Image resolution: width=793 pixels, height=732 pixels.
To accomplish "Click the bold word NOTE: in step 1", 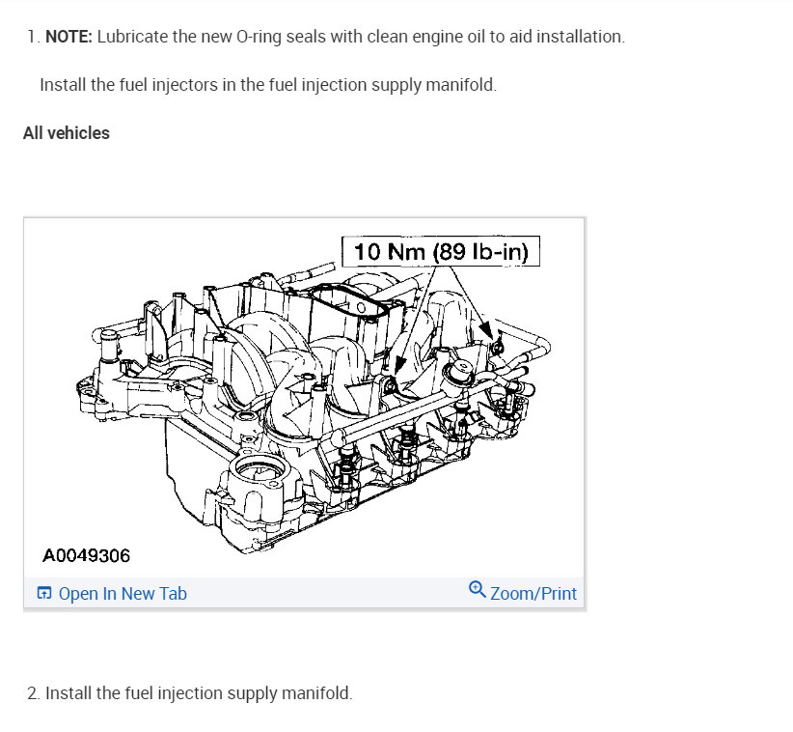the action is (68, 37).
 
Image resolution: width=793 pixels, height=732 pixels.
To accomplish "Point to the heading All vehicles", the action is (67, 133).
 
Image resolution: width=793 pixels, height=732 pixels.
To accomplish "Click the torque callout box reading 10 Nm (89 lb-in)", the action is (441, 252).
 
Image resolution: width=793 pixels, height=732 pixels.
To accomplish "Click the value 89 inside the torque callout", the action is (451, 252).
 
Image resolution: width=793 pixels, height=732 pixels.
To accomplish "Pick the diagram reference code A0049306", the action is (87, 556).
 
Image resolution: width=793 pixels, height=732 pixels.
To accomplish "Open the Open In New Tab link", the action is (123, 593).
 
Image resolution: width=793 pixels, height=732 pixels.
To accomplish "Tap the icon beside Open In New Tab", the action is (44, 593).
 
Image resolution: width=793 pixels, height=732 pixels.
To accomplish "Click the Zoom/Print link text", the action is (533, 593).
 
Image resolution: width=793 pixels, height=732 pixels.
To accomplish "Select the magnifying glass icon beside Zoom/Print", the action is (477, 590).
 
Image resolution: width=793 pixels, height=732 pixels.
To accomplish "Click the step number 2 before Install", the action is (33, 693).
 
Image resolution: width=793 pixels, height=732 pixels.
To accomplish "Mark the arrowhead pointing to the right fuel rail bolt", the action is (485, 328).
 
